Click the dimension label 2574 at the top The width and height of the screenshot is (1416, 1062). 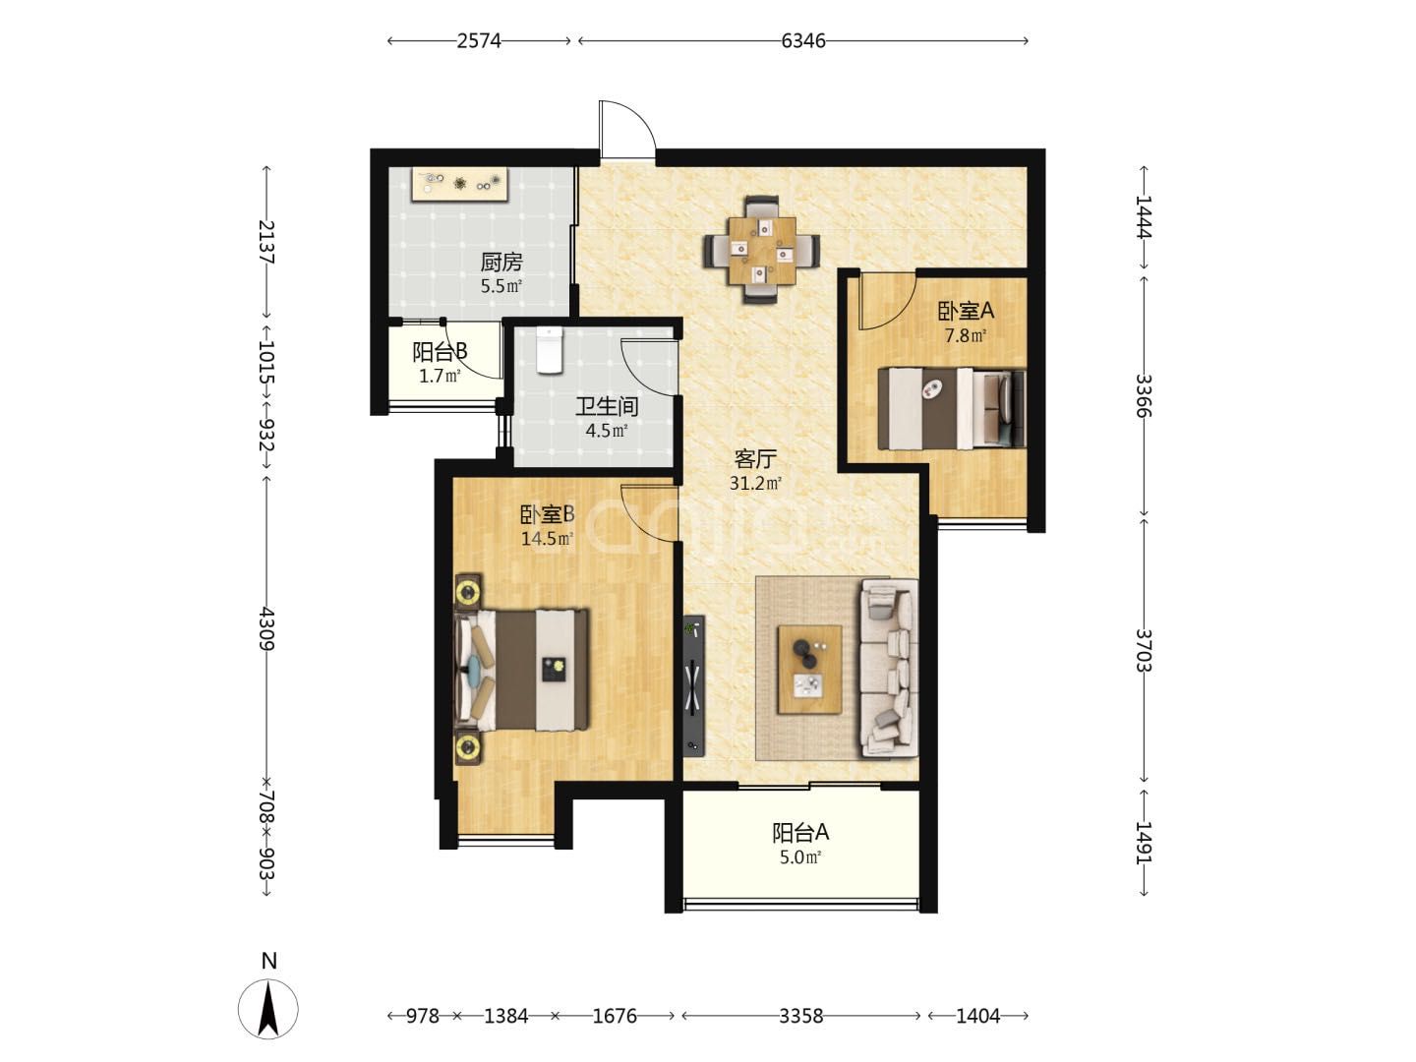click(479, 41)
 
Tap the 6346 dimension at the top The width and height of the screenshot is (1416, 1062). click(802, 41)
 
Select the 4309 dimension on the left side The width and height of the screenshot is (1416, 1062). click(266, 628)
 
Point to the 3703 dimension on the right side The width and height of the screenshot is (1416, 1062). click(1143, 650)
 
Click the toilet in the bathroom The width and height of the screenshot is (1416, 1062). click(549, 350)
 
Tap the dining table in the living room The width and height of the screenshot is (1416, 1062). click(762, 250)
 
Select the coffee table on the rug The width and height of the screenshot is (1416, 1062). click(809, 670)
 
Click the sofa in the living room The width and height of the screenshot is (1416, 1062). click(890, 668)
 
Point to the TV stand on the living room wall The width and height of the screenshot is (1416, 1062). click(693, 685)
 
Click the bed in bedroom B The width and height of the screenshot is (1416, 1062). click(522, 670)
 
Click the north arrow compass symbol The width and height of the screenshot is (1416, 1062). click(268, 1009)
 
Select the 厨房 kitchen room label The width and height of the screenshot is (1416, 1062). click(501, 263)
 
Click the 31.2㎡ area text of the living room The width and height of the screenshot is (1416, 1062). click(755, 483)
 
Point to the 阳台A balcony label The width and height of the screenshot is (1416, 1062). click(799, 833)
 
